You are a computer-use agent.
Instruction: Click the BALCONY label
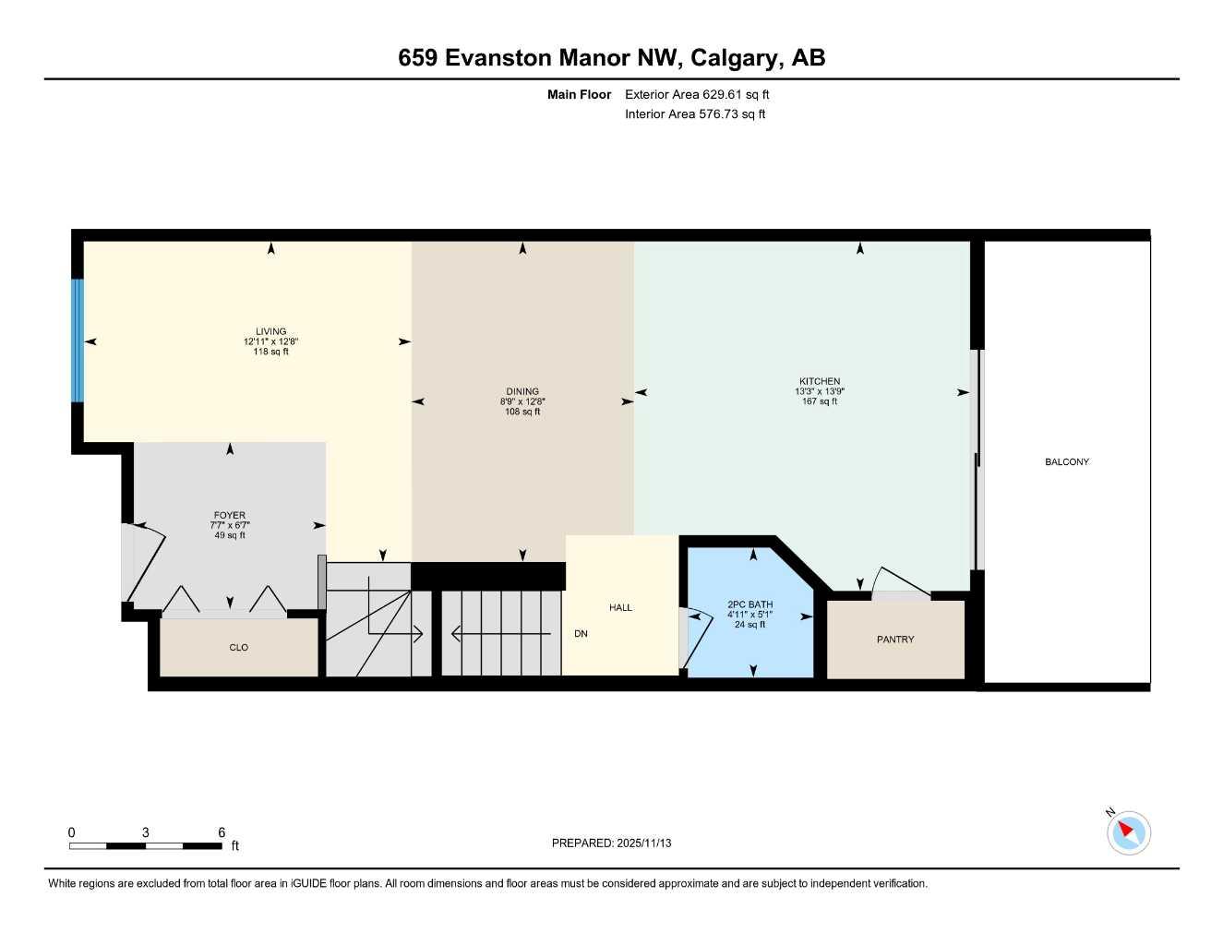(1066, 461)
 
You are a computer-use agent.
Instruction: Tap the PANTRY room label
(894, 640)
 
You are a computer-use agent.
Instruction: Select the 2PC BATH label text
(749, 604)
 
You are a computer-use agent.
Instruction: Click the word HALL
(620, 607)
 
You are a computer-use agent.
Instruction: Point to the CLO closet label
(238, 648)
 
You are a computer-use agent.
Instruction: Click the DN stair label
(581, 634)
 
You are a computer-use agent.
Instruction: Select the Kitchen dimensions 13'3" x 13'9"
(820, 391)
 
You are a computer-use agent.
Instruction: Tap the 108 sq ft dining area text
(522, 412)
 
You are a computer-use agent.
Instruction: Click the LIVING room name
(270, 331)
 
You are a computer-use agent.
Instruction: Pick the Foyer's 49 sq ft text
(230, 535)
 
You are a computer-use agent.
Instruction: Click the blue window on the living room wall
(78, 341)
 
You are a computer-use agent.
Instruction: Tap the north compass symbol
(1127, 832)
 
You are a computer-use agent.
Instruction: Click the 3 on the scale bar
(145, 832)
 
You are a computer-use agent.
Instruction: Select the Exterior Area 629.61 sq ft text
(697, 94)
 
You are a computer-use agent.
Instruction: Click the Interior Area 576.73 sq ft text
(695, 114)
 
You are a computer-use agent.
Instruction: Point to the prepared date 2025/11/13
(644, 843)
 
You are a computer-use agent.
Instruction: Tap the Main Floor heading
(579, 94)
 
